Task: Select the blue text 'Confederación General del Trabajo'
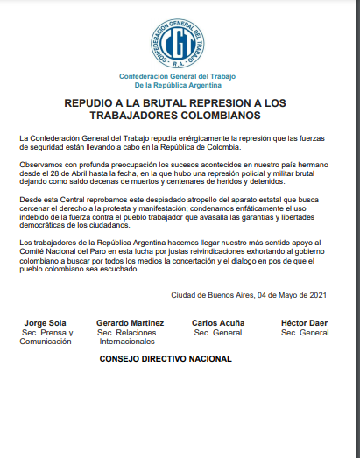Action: (x=179, y=77)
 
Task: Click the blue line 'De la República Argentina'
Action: (x=179, y=86)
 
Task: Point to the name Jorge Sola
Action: (x=46, y=323)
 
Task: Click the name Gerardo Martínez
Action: (x=131, y=323)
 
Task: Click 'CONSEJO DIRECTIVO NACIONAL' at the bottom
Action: (x=166, y=359)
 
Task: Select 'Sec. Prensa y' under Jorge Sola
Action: (x=46, y=333)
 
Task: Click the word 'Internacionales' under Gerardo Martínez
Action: (x=131, y=342)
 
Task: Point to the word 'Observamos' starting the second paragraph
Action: (x=40, y=166)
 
